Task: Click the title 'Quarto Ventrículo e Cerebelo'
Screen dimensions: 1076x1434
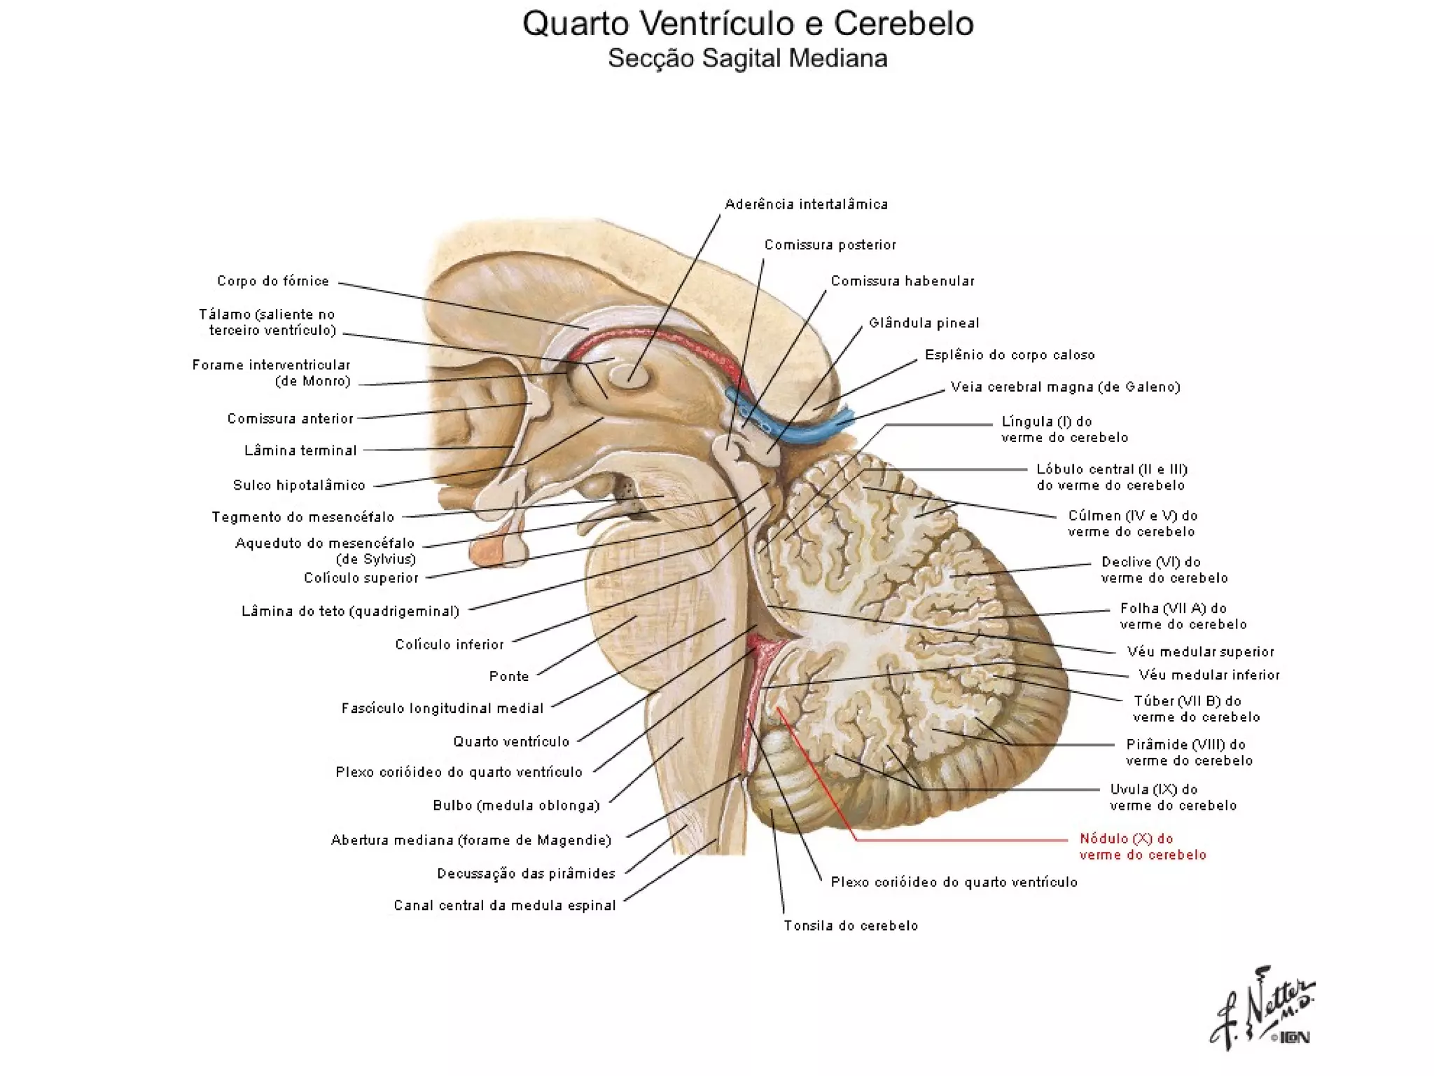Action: tap(748, 25)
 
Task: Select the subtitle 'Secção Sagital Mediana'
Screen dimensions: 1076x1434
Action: tap(747, 59)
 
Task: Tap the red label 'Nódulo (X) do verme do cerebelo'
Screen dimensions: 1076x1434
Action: tap(1143, 846)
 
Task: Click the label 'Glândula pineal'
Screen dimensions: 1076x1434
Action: tap(924, 323)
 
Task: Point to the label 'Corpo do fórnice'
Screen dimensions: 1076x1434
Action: tap(273, 281)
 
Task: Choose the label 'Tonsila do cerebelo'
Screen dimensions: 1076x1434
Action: tap(851, 925)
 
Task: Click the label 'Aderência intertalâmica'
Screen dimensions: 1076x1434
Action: tap(806, 204)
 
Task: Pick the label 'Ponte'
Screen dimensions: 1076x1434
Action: tap(509, 676)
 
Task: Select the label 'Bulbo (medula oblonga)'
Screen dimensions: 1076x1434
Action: tap(517, 806)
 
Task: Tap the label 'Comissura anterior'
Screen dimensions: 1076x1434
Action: tap(290, 419)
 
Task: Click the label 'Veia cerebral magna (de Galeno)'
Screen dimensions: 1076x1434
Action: tap(1065, 387)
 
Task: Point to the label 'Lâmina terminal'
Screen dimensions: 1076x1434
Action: tap(300, 450)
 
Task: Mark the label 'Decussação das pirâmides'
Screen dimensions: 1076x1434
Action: tap(526, 874)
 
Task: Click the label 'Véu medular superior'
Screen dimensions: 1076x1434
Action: tap(1200, 651)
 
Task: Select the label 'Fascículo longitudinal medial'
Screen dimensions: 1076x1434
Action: tap(443, 708)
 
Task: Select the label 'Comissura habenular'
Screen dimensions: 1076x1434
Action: tap(903, 281)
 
